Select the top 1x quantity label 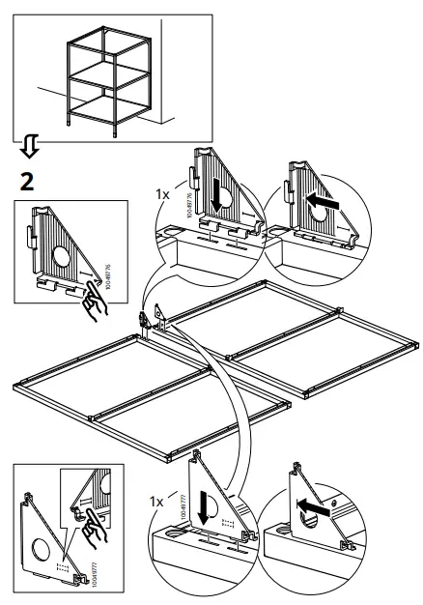[x=163, y=194]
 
